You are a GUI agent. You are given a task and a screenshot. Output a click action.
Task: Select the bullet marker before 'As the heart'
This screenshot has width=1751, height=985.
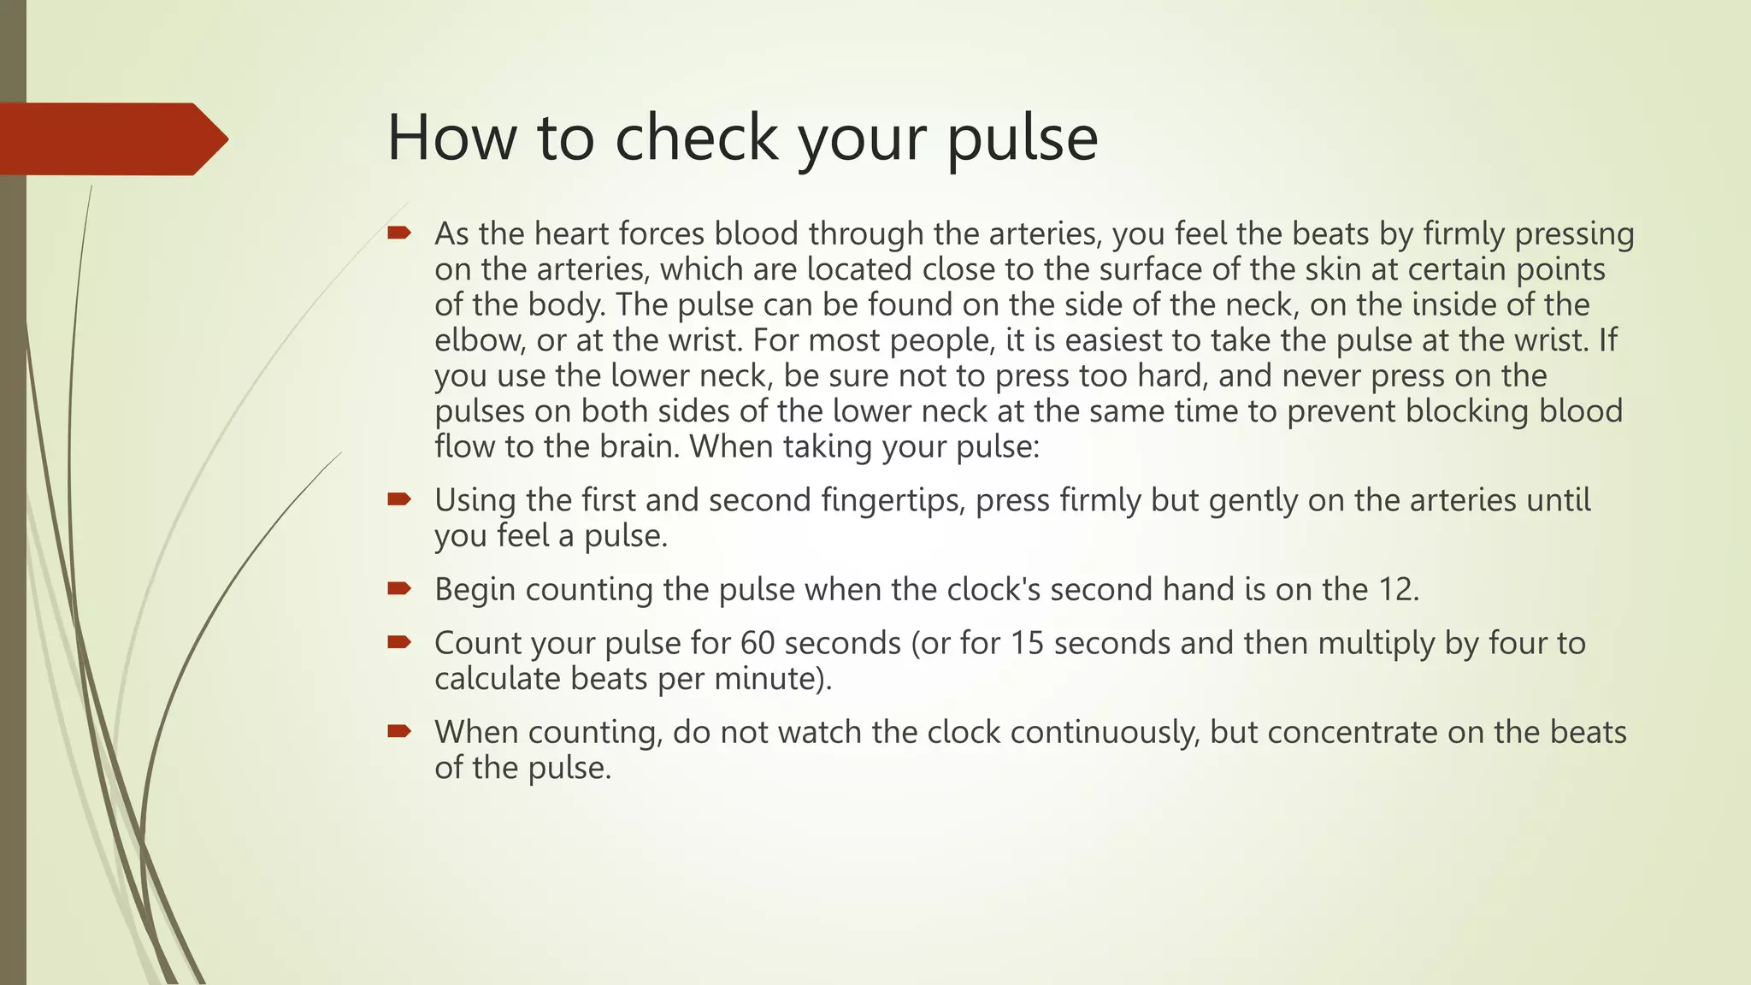point(399,233)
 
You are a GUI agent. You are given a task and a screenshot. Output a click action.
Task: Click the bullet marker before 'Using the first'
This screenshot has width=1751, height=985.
point(399,499)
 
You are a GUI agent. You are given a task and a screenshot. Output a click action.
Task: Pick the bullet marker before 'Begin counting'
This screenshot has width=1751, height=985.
point(399,588)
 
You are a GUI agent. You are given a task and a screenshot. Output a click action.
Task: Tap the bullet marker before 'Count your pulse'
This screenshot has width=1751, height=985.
point(399,642)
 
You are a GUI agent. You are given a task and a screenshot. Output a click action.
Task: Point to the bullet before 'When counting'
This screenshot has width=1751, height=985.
point(399,731)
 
